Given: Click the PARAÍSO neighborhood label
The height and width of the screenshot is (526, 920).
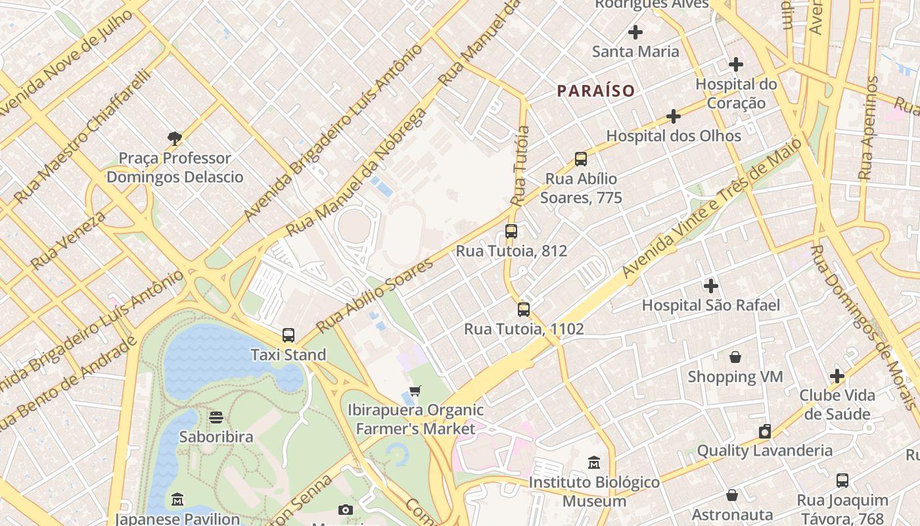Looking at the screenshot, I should (x=596, y=91).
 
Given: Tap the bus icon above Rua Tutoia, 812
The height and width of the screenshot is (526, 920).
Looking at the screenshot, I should (x=511, y=231).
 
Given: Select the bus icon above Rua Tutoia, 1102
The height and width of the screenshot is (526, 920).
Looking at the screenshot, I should (x=524, y=310).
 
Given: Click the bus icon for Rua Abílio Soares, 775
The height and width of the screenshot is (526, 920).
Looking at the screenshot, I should (x=581, y=159).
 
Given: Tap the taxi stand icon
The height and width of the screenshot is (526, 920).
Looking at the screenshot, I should (x=288, y=335).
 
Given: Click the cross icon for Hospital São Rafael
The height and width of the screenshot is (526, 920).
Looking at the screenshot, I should (x=710, y=286).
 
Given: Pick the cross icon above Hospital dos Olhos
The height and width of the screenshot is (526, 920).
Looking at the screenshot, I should (x=674, y=116).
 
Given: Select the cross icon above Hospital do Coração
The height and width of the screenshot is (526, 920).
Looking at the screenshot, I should (x=736, y=64).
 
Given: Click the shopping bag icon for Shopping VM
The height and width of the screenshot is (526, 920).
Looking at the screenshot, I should (x=735, y=357).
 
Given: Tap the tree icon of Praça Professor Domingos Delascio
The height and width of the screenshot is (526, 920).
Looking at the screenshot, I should (x=175, y=138).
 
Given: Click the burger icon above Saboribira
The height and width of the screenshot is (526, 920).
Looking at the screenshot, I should (x=216, y=418).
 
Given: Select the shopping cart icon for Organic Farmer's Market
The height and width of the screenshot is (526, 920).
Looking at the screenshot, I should (x=415, y=391).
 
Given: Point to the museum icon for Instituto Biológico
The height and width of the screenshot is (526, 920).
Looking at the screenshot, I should (x=594, y=463).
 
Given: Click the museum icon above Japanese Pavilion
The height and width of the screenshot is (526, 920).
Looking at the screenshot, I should (x=177, y=500).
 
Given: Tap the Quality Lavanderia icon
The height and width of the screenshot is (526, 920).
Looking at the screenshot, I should (x=764, y=431).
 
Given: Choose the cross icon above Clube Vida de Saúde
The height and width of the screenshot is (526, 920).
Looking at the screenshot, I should (x=837, y=376).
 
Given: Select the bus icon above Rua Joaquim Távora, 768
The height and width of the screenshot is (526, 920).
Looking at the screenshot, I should (x=842, y=481).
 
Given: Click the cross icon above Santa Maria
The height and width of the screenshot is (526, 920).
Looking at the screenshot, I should (x=635, y=32).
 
